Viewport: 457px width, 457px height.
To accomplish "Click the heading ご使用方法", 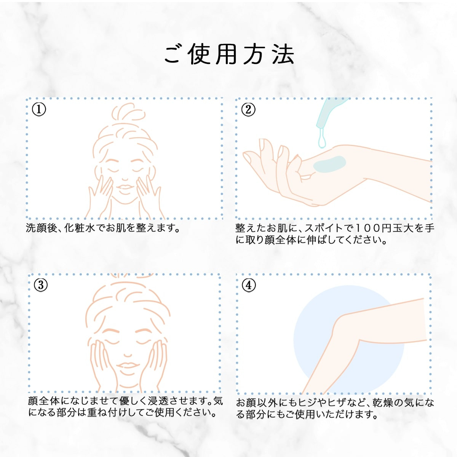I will click(229, 54).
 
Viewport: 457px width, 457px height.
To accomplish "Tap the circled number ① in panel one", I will click(39, 110).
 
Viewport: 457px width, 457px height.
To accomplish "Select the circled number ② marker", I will click(248, 110).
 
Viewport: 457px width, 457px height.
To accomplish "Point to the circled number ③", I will click(41, 285).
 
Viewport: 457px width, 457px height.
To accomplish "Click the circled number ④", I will click(249, 285).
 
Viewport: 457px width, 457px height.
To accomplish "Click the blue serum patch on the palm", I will click(330, 163).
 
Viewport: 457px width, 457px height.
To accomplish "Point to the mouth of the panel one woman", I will click(124, 187).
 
